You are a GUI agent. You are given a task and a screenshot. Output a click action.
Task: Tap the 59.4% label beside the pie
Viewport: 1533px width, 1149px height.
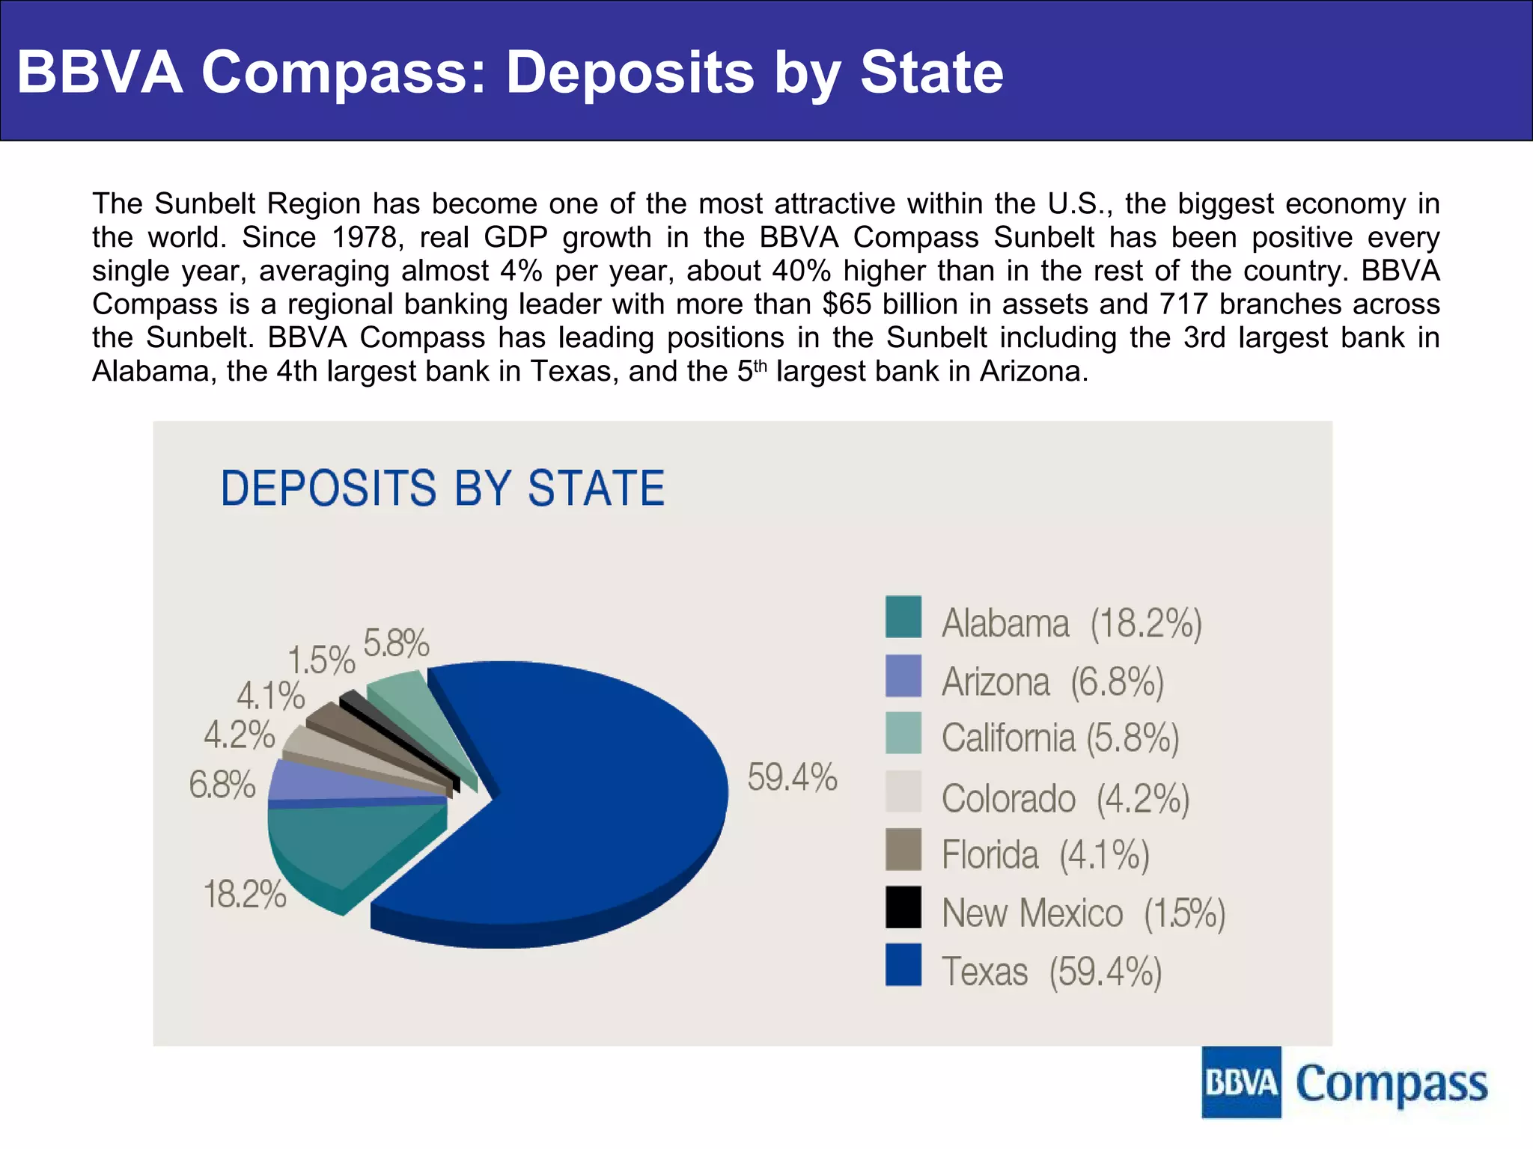click(x=792, y=777)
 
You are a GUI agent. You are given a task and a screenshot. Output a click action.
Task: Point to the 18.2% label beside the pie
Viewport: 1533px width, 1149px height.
click(x=245, y=894)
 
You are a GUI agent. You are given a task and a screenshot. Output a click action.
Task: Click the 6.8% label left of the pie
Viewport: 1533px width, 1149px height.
click(x=222, y=785)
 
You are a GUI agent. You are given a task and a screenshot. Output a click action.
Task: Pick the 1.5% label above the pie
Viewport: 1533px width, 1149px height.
click(x=321, y=661)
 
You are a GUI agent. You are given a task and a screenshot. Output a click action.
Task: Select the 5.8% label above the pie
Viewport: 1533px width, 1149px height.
click(x=396, y=643)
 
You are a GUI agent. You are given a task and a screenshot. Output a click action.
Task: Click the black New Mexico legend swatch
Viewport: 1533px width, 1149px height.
click(x=903, y=907)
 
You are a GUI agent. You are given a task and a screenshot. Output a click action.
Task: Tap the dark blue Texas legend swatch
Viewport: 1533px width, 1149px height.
click(x=903, y=965)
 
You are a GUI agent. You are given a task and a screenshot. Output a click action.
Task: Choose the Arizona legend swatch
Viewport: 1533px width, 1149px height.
click(x=903, y=675)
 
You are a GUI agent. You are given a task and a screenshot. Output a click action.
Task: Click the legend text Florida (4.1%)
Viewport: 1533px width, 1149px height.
click(x=1045, y=855)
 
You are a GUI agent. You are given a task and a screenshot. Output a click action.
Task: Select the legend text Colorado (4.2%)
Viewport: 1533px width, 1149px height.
click(x=1065, y=798)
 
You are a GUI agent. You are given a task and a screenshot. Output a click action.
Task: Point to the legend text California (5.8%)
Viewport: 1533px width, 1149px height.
click(x=1060, y=738)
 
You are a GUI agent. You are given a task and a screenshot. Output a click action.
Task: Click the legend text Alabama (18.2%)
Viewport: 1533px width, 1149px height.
click(x=1071, y=623)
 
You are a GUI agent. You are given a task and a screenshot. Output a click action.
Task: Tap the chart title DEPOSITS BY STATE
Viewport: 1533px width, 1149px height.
click(x=442, y=488)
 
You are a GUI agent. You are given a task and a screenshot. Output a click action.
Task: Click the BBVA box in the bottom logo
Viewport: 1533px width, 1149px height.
click(x=1241, y=1082)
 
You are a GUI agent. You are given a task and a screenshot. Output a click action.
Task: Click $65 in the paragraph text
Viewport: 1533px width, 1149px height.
click(x=846, y=304)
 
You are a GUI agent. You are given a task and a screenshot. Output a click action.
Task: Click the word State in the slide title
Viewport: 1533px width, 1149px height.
click(x=931, y=73)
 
